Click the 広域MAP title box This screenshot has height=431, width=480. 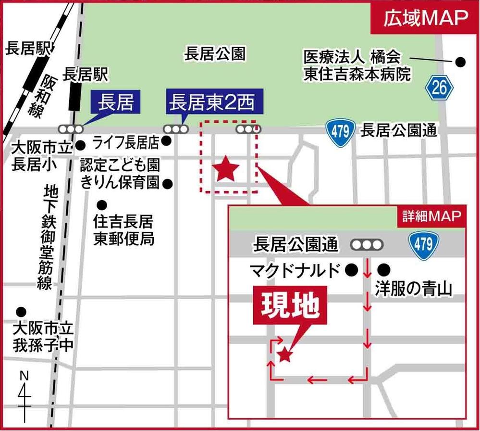[x=425, y=19]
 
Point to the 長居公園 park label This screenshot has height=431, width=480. [x=215, y=54]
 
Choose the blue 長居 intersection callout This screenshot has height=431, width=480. [x=115, y=102]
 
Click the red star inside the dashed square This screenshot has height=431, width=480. [x=225, y=169]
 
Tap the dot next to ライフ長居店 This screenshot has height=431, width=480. [x=167, y=141]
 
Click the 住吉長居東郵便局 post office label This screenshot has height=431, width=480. [x=123, y=230]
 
